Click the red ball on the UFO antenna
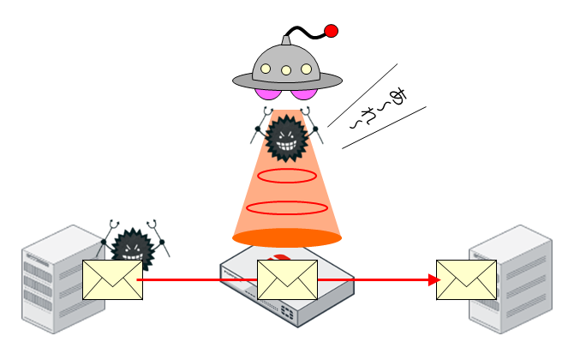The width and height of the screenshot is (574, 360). pos(331,32)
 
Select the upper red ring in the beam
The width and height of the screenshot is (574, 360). pos(287,177)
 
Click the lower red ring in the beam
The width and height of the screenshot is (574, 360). pos(287,207)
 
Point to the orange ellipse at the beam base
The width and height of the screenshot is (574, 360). pos(287,237)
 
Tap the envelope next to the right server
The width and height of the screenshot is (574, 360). pos(466,279)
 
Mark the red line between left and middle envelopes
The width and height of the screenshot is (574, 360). pos(199,279)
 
